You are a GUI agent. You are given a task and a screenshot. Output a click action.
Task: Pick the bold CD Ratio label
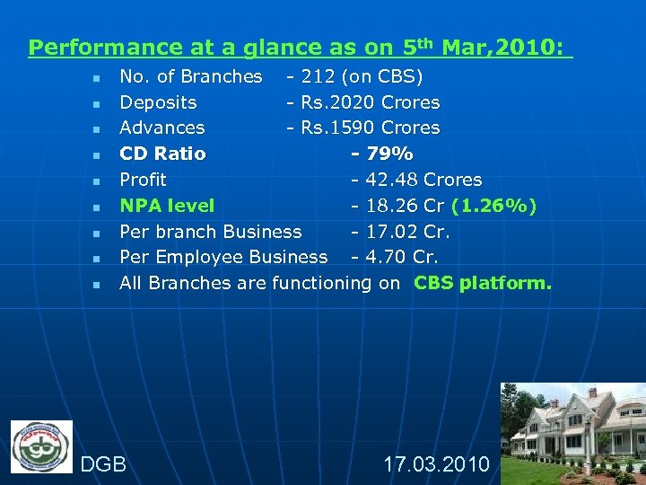[x=162, y=154]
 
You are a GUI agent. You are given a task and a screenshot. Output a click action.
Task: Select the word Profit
[x=143, y=180]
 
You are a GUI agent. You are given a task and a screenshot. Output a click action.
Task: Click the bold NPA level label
[x=167, y=206]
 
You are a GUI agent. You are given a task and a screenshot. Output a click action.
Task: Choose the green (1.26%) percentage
[x=494, y=206]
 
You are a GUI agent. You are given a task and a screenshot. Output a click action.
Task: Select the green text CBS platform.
[x=483, y=283]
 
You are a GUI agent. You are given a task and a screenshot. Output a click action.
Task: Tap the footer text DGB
[x=103, y=464]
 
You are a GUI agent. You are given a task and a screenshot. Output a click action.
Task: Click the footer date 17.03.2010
[x=436, y=464]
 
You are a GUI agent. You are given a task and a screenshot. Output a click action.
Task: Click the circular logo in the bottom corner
[x=41, y=446]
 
